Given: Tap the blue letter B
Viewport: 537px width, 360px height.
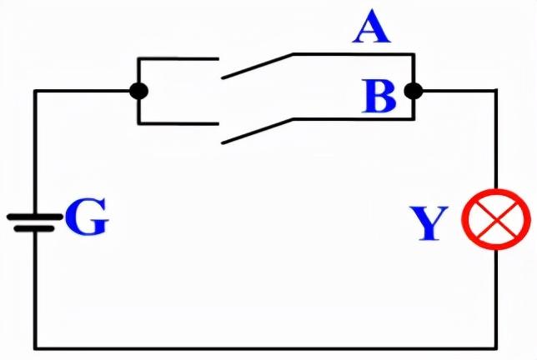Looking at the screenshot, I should point(379,97).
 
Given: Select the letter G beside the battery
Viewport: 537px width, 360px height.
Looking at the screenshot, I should point(86,218).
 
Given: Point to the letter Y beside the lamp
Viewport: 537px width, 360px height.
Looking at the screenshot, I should point(429,223).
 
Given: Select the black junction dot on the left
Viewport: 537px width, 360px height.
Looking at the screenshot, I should point(139,90).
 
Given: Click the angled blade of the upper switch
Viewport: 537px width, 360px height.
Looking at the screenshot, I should point(257,67).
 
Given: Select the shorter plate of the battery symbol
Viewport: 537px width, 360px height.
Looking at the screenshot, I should point(35,227).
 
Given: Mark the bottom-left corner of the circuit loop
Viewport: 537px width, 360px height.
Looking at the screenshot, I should point(35,347).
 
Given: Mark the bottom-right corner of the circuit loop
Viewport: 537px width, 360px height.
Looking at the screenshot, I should point(497,347).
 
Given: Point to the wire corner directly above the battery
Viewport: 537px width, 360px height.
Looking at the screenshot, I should point(35,90).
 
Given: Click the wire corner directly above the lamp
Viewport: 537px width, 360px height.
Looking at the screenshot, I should point(497,90).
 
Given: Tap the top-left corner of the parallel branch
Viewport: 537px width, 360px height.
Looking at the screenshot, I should point(139,58).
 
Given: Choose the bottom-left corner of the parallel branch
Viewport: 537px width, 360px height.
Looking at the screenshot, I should point(139,122).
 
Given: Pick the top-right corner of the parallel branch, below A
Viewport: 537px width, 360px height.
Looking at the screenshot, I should point(413,55).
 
